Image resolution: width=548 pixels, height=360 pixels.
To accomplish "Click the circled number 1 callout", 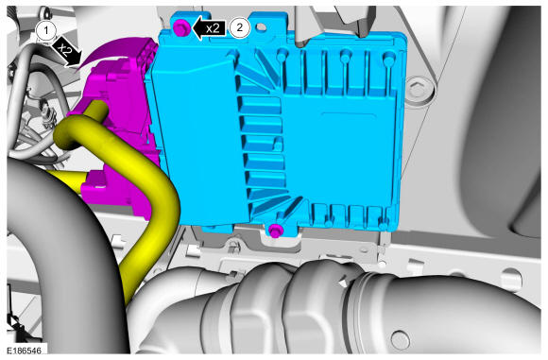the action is coord(46,31).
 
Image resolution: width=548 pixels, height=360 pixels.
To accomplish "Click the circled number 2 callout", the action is coord(240,27).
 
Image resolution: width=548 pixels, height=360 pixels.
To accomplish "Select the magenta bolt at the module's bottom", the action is coord(276,231).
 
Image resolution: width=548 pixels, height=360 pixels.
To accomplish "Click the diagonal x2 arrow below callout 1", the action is coord(67,53).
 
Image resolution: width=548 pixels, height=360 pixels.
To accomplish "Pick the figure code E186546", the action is coord(24,351).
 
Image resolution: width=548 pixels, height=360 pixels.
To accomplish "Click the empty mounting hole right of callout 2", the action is coord(261,27).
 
